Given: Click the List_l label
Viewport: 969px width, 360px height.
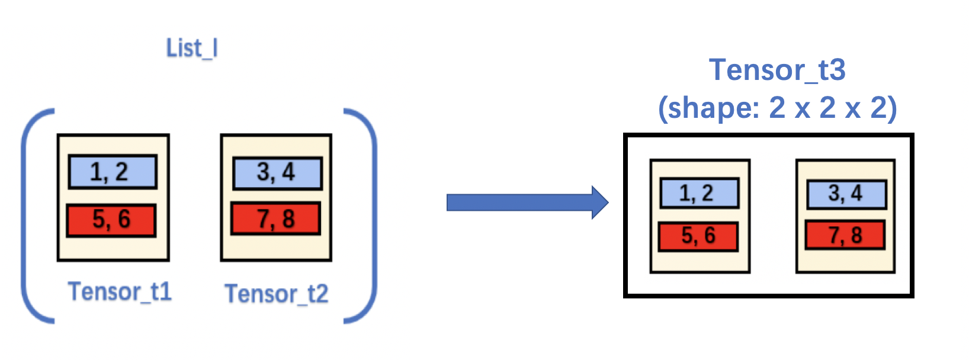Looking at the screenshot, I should (192, 49).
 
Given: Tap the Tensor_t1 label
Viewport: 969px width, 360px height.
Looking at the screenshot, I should (120, 292).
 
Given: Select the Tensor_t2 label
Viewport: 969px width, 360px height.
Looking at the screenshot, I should (276, 294).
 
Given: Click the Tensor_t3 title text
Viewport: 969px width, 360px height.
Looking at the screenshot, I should (777, 70).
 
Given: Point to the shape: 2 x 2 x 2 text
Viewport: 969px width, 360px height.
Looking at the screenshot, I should (777, 108).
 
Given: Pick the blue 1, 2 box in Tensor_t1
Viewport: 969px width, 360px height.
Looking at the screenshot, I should (113, 172).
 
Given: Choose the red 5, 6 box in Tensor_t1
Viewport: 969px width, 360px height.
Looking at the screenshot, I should (111, 220).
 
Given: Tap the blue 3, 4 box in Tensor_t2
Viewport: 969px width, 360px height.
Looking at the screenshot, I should (277, 173).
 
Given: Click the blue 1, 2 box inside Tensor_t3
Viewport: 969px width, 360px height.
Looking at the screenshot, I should (700, 194).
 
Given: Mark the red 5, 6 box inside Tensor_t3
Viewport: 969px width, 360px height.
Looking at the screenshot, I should (698, 236).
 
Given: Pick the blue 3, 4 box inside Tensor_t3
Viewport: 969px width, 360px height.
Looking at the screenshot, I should (846, 194).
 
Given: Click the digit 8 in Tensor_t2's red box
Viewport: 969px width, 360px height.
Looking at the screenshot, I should (288, 219).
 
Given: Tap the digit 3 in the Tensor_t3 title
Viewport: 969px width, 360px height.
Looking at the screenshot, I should (837, 70).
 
